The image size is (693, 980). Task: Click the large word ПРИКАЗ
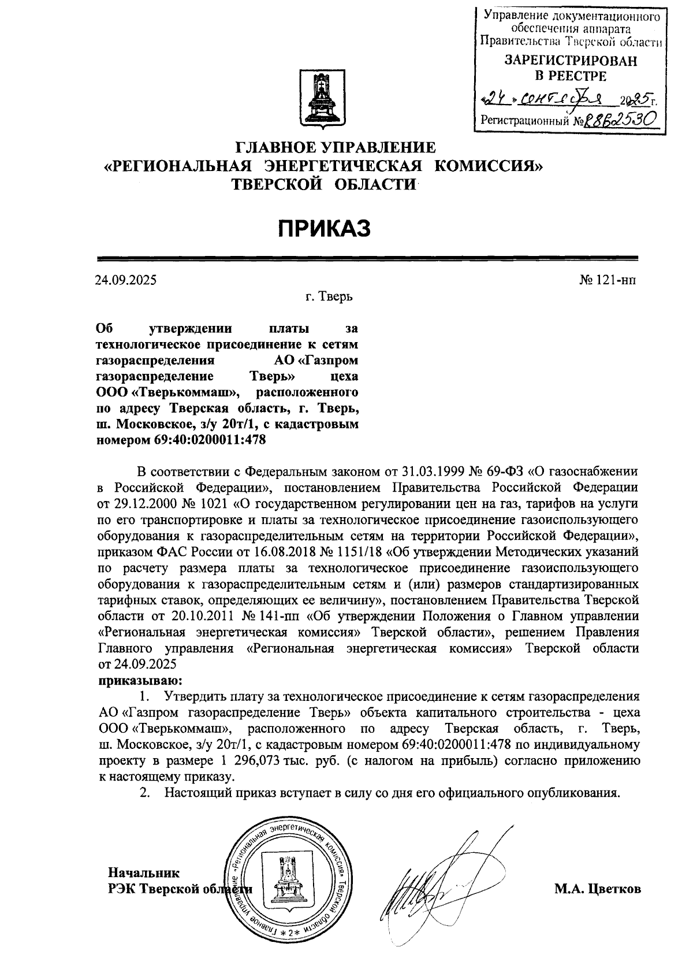coord(324,229)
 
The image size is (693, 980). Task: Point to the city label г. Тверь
coord(329,297)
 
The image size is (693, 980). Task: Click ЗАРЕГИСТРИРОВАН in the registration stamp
coord(571,61)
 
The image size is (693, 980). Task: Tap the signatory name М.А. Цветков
coord(598,889)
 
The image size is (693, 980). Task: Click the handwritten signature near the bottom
coord(433,884)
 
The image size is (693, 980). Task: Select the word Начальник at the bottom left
coord(144,873)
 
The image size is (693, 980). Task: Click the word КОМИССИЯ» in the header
coord(489,166)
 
